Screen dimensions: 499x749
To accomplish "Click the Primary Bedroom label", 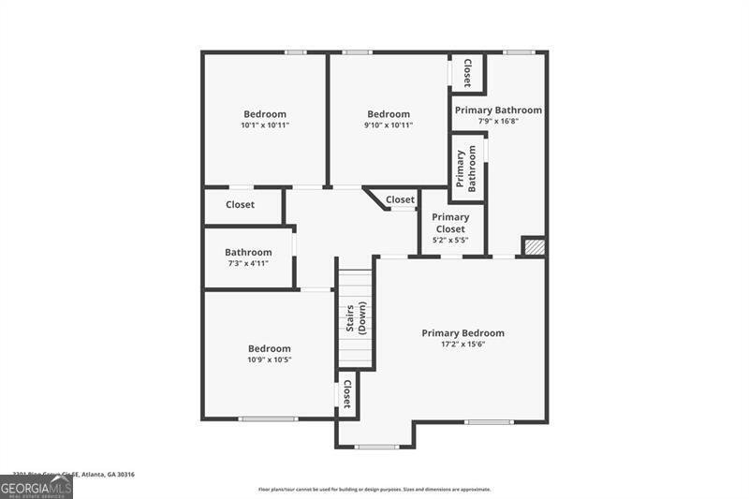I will (x=463, y=333).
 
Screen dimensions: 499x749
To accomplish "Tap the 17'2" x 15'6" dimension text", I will (x=463, y=345).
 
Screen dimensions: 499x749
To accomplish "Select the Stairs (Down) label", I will (x=356, y=319).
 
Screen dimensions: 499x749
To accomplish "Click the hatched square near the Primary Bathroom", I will (x=533, y=246).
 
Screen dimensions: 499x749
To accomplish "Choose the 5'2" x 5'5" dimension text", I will (x=450, y=241).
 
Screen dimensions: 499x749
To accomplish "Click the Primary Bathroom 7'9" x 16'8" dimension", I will (x=498, y=121).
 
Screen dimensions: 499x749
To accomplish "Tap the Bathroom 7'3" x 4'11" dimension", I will (x=248, y=263).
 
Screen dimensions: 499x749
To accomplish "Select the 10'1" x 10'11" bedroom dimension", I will (x=265, y=125).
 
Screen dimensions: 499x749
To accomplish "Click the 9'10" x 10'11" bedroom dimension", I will (x=388, y=125).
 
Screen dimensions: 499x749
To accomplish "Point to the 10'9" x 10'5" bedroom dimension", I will (x=269, y=360).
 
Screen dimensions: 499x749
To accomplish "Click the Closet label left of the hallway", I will (x=240, y=205).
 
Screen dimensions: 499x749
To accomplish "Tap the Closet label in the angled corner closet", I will (x=400, y=199).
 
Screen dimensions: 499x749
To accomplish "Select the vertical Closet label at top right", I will (x=466, y=73).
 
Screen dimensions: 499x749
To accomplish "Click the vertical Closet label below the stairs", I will (x=346, y=395).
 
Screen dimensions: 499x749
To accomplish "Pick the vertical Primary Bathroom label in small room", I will (x=466, y=169).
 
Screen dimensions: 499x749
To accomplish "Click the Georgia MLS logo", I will (x=37, y=487).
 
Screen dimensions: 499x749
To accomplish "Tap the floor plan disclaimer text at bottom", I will (x=374, y=489).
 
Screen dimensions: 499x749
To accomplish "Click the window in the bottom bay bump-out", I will (x=376, y=447).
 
